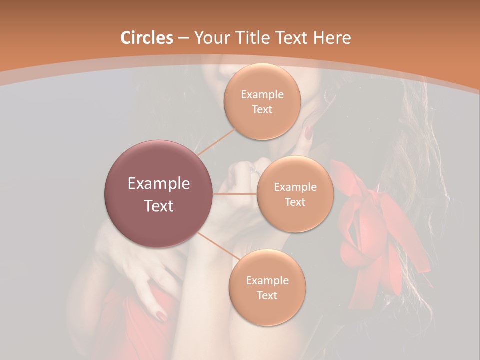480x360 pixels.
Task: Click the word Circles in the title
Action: (x=146, y=38)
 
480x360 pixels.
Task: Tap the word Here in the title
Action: (x=331, y=38)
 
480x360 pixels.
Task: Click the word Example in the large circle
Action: (x=159, y=184)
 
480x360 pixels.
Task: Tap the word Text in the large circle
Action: (x=159, y=206)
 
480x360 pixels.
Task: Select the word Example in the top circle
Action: (x=262, y=95)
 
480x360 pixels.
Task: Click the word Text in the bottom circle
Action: (x=267, y=295)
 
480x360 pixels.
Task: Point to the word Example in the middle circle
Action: (x=295, y=187)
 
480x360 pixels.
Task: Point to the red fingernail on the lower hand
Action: (x=162, y=315)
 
